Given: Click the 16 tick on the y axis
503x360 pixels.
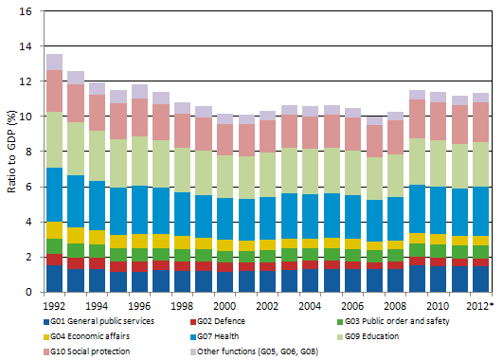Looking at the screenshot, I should click(26, 11).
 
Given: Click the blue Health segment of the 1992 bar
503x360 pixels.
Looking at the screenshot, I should click(54, 194).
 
